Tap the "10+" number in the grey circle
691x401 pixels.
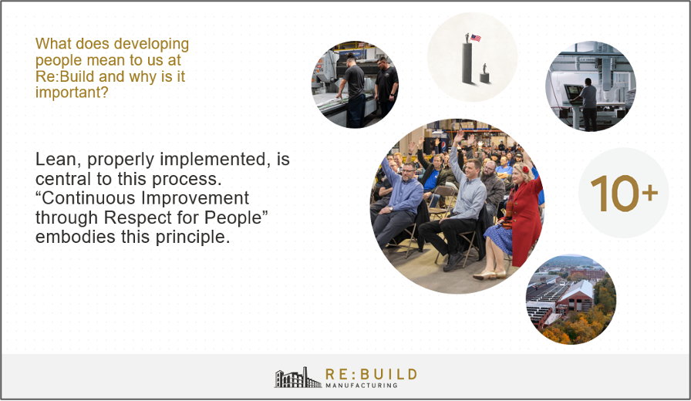click(x=624, y=194)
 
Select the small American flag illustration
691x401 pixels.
click(x=476, y=37)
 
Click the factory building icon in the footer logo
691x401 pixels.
click(x=298, y=377)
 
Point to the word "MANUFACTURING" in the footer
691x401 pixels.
click(x=361, y=385)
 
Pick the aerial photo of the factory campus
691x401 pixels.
click(x=571, y=298)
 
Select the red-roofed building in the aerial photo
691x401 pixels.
click(x=576, y=293)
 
